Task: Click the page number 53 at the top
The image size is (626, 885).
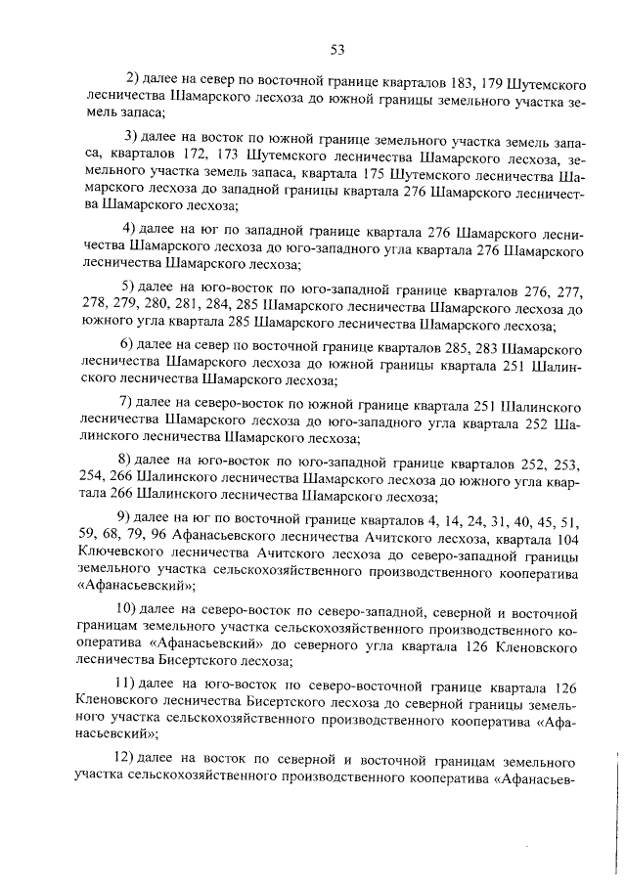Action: (336, 47)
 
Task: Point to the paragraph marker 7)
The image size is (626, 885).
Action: (125, 402)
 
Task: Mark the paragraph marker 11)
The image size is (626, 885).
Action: (122, 683)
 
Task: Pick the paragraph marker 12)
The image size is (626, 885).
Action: (122, 759)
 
